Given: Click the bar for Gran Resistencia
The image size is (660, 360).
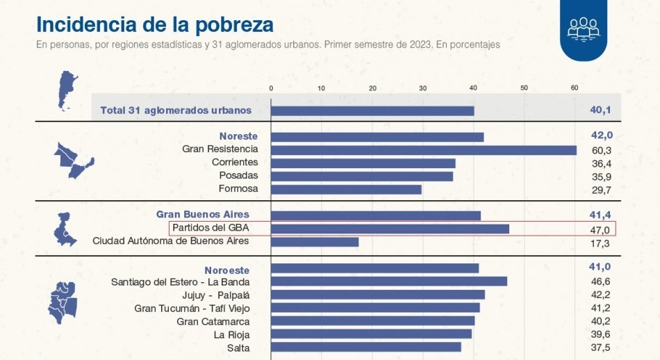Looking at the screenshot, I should click(423, 150).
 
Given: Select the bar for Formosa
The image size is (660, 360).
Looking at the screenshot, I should click(346, 189).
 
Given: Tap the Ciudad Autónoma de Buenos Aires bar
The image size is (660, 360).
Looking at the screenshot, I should click(315, 242).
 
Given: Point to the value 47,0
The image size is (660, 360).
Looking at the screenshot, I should click(599, 229).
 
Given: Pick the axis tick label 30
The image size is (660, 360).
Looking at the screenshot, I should click(423, 88).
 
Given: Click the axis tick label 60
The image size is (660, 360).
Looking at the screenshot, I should click(575, 88).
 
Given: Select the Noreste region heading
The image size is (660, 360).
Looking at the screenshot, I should click(238, 136).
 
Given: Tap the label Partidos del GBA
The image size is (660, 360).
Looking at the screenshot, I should click(210, 228).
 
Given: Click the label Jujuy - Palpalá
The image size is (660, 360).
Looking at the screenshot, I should click(211, 295).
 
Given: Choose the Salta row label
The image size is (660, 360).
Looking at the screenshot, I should click(238, 347).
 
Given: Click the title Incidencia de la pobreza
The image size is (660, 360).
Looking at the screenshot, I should click(154, 24).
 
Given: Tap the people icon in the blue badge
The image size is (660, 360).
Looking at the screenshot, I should click(583, 28).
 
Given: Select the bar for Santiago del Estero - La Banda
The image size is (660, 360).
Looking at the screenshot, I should click(388, 281).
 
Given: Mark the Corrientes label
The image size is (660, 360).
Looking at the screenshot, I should click(235, 163).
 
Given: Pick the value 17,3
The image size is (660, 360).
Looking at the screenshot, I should click(599, 243).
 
